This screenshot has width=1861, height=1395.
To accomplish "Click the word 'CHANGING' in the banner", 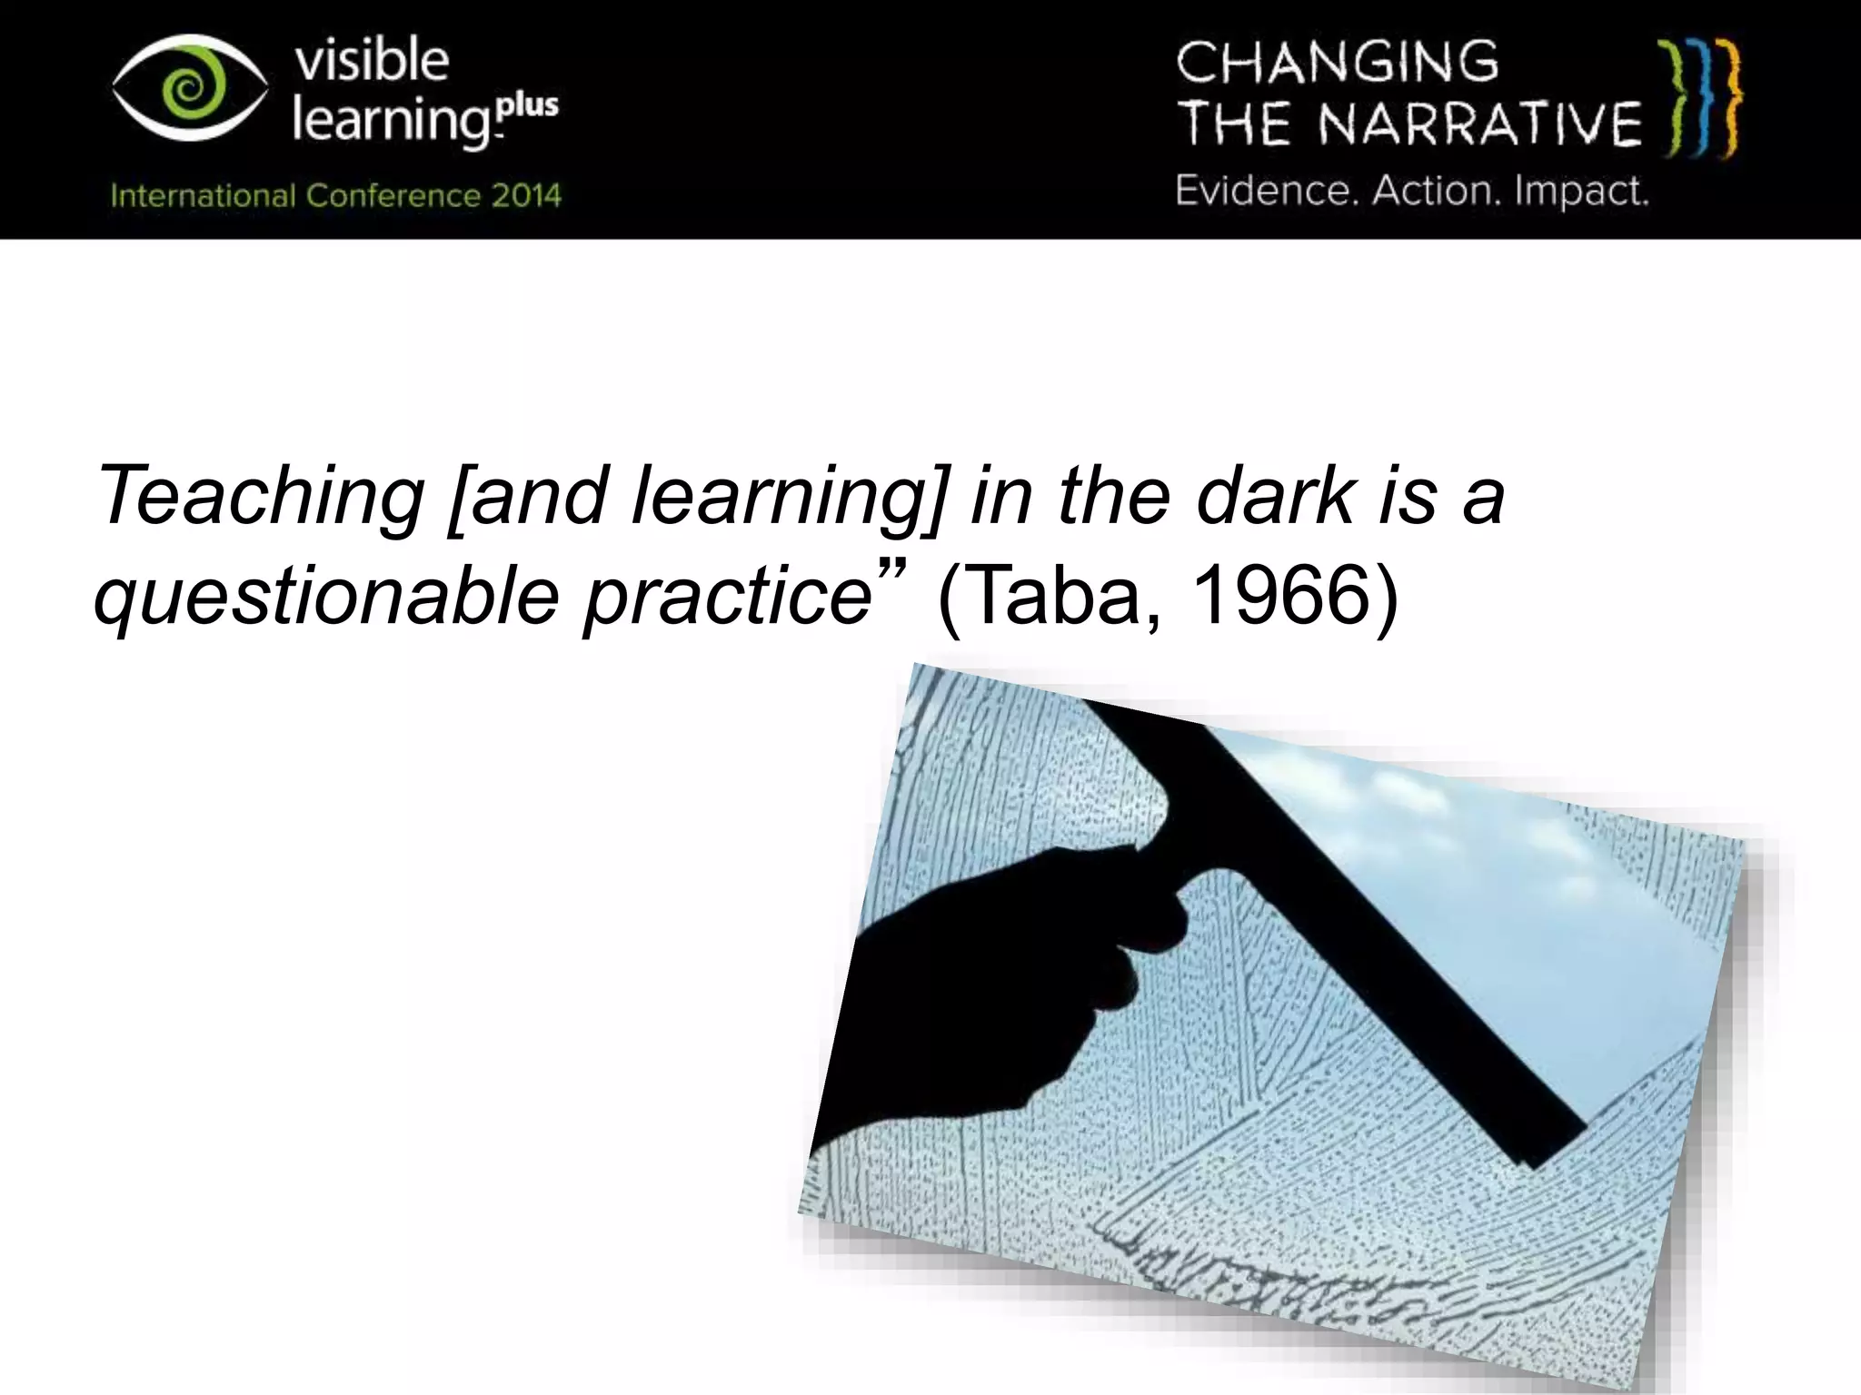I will (1337, 62).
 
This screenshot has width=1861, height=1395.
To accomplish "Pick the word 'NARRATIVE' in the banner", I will (1480, 125).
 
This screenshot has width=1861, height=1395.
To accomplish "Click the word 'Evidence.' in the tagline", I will (1267, 192).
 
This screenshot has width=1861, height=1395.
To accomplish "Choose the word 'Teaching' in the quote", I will (260, 497).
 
